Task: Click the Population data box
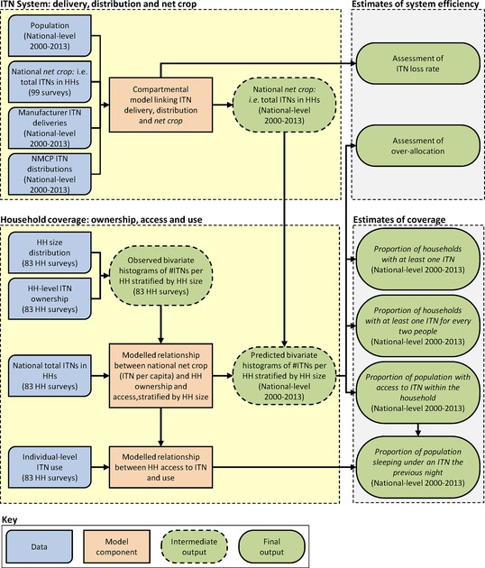(x=50, y=36)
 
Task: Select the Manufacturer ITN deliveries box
(x=50, y=128)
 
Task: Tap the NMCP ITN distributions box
(x=50, y=174)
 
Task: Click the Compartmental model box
(x=160, y=105)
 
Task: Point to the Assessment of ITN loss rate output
(x=418, y=63)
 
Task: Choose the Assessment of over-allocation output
(x=418, y=146)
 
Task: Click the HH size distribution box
(x=50, y=252)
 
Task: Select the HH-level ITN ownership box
(x=50, y=298)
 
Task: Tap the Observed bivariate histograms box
(x=160, y=276)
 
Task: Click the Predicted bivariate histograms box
(x=284, y=376)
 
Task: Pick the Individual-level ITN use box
(x=50, y=467)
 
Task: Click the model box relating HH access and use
(x=160, y=467)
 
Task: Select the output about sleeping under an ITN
(x=418, y=467)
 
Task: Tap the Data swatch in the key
(x=40, y=547)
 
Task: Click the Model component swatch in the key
(x=116, y=547)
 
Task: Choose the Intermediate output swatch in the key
(x=194, y=547)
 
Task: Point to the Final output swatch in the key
(x=271, y=547)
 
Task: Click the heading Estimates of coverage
(x=399, y=220)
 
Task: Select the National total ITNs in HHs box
(x=50, y=376)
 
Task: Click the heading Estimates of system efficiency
(x=416, y=5)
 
